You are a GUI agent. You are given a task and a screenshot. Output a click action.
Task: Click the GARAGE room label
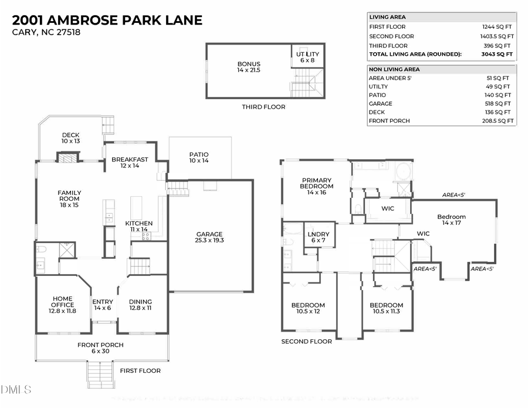[209, 237]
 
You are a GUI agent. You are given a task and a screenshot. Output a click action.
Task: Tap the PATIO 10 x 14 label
[198, 157]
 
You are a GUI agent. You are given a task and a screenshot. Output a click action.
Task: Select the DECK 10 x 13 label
[70, 138]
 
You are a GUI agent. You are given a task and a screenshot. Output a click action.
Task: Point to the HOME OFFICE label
[62, 304]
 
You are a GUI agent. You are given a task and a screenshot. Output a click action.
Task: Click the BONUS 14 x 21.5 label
[248, 67]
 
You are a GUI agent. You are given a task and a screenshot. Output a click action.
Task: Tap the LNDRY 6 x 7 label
[319, 237]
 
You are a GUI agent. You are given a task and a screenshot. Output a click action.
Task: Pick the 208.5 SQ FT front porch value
[496, 121]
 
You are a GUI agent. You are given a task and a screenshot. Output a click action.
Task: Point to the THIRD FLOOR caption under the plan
[263, 107]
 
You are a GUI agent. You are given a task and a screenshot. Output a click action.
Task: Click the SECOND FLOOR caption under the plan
[306, 341]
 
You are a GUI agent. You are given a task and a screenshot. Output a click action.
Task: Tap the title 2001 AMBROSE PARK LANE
[107, 20]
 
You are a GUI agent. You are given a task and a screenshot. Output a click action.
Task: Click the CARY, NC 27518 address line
[46, 32]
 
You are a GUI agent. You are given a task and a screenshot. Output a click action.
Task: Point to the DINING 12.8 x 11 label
[140, 305]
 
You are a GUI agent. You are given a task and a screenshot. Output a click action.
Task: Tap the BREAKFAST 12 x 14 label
[130, 163]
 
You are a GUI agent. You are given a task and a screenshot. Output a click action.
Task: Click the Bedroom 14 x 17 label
[451, 220]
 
